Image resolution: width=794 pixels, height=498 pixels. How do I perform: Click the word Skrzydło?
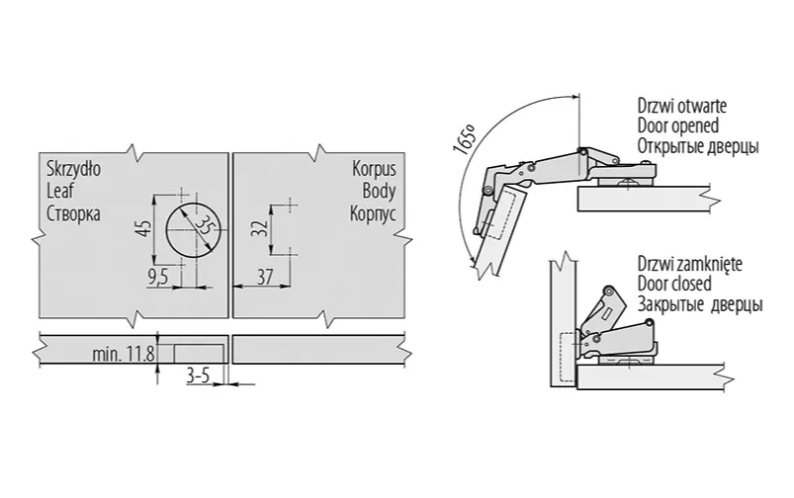pos(73,169)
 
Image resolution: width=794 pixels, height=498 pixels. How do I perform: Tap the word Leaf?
pos(60,192)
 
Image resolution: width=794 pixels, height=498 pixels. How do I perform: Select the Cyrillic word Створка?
pos(73,213)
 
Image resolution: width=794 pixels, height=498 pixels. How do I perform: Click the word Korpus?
pos(374,169)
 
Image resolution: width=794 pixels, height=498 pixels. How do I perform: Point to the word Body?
pos(379,192)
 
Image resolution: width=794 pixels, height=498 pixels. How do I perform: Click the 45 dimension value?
pos(144,227)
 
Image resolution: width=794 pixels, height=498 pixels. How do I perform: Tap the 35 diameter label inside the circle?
pos(204,224)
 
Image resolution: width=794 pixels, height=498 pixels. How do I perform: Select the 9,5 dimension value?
pos(157,278)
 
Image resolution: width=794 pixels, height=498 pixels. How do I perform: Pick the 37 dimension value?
pos(265,277)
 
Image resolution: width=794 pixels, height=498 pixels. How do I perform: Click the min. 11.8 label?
pos(124,354)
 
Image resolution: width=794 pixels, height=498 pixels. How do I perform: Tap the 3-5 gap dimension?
pos(198,375)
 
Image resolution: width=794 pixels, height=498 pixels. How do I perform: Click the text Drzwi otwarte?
pos(682,106)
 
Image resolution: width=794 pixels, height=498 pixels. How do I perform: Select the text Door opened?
pos(678,125)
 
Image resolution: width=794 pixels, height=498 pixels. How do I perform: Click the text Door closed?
pos(674,284)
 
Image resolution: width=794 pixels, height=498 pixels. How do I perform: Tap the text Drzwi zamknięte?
pos(690,264)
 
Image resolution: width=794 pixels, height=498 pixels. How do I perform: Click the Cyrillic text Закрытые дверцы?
pos(700,305)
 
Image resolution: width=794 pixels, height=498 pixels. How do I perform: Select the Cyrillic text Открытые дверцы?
pos(698,147)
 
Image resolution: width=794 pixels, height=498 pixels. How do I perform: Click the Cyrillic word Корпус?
pos(373,213)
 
